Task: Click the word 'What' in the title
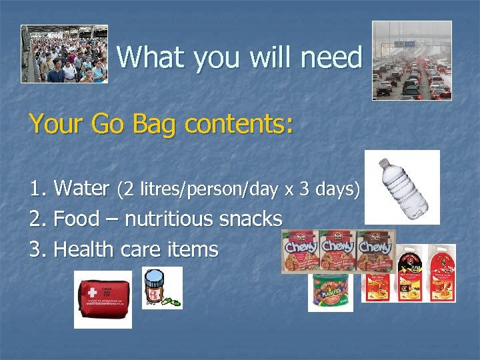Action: (x=148, y=58)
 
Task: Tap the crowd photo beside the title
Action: (x=64, y=53)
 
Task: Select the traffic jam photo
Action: (x=411, y=60)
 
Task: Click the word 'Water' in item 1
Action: (x=81, y=189)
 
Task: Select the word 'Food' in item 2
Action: (x=75, y=219)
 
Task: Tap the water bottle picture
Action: (x=401, y=187)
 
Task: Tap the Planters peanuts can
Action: (x=330, y=292)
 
